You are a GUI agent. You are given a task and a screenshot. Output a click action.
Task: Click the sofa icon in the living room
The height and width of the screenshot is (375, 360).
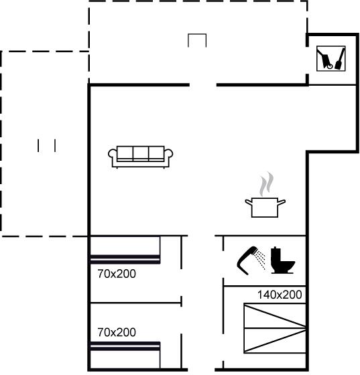(141, 157)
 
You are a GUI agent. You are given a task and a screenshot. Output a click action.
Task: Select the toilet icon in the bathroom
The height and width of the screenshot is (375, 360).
(282, 260)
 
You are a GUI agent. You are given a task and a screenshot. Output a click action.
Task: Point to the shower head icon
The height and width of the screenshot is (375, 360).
(246, 260)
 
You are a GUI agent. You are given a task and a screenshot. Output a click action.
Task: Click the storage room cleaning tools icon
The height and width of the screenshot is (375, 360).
(331, 58)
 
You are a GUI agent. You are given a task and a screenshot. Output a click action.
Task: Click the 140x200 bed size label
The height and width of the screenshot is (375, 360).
(280, 295)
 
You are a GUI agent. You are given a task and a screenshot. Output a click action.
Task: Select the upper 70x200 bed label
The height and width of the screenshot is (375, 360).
(117, 274)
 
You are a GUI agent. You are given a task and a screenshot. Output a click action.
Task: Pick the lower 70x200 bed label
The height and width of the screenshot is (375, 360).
(117, 332)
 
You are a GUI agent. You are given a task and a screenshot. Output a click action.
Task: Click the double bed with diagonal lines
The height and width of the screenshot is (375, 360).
(275, 328)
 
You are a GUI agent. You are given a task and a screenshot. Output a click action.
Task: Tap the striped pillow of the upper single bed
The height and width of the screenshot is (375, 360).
(125, 259)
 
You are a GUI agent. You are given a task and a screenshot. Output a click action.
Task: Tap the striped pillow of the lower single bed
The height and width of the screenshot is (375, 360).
(125, 346)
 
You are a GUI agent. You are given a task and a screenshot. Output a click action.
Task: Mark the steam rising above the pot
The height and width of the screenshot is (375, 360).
(267, 183)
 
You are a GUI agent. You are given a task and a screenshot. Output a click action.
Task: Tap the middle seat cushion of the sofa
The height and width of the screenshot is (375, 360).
(141, 153)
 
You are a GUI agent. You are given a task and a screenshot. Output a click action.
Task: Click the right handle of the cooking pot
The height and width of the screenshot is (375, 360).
(282, 202)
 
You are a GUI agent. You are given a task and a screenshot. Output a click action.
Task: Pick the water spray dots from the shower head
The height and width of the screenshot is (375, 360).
(259, 259)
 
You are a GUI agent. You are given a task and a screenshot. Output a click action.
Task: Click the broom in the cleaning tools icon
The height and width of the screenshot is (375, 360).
(341, 59)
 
